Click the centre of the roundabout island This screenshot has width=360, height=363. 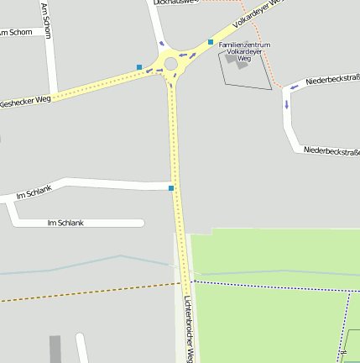pyautogui.click(x=171, y=64)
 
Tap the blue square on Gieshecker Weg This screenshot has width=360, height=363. pyautogui.click(x=139, y=66)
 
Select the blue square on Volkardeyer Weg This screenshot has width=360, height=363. pyautogui.click(x=211, y=41)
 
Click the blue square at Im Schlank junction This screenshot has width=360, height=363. pyautogui.click(x=171, y=188)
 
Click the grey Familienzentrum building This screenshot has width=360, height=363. pyautogui.click(x=237, y=59)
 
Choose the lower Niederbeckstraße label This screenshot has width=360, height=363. pyautogui.click(x=331, y=151)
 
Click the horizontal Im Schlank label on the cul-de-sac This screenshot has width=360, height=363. pyautogui.click(x=65, y=223)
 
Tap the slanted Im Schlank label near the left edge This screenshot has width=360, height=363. pyautogui.click(x=34, y=192)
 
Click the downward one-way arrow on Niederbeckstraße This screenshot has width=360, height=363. pyautogui.click(x=286, y=105)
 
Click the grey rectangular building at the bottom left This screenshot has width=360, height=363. pyautogui.click(x=55, y=349)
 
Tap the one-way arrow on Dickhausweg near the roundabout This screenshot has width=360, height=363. pyautogui.click(x=160, y=43)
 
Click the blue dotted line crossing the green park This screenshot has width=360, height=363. pyautogui.click(x=269, y=286)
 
